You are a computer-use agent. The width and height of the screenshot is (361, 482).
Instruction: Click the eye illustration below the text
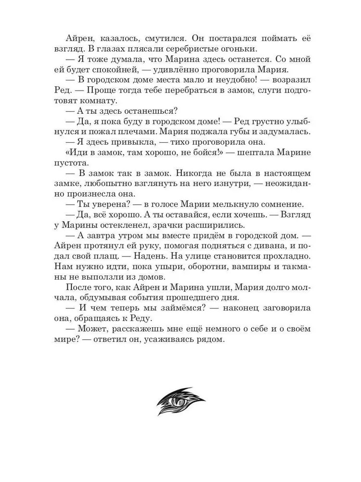(180, 401)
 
